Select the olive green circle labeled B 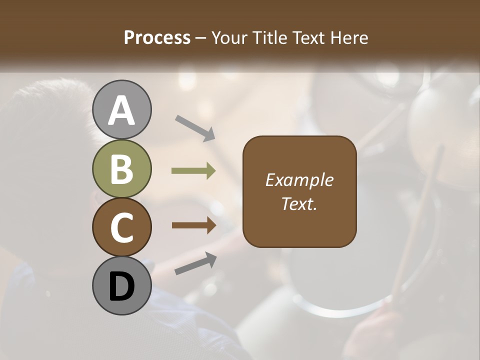click(122, 168)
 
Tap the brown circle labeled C click(122, 227)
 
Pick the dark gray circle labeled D click(122, 285)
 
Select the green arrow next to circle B click(193, 171)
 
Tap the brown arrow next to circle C click(193, 225)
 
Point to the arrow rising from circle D click(195, 263)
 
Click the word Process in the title click(157, 37)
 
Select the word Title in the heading click(269, 37)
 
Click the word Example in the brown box click(299, 180)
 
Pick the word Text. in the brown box click(299, 203)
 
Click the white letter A click(122, 110)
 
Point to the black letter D click(122, 286)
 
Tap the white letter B click(122, 169)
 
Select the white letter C click(122, 228)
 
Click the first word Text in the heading click(306, 37)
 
